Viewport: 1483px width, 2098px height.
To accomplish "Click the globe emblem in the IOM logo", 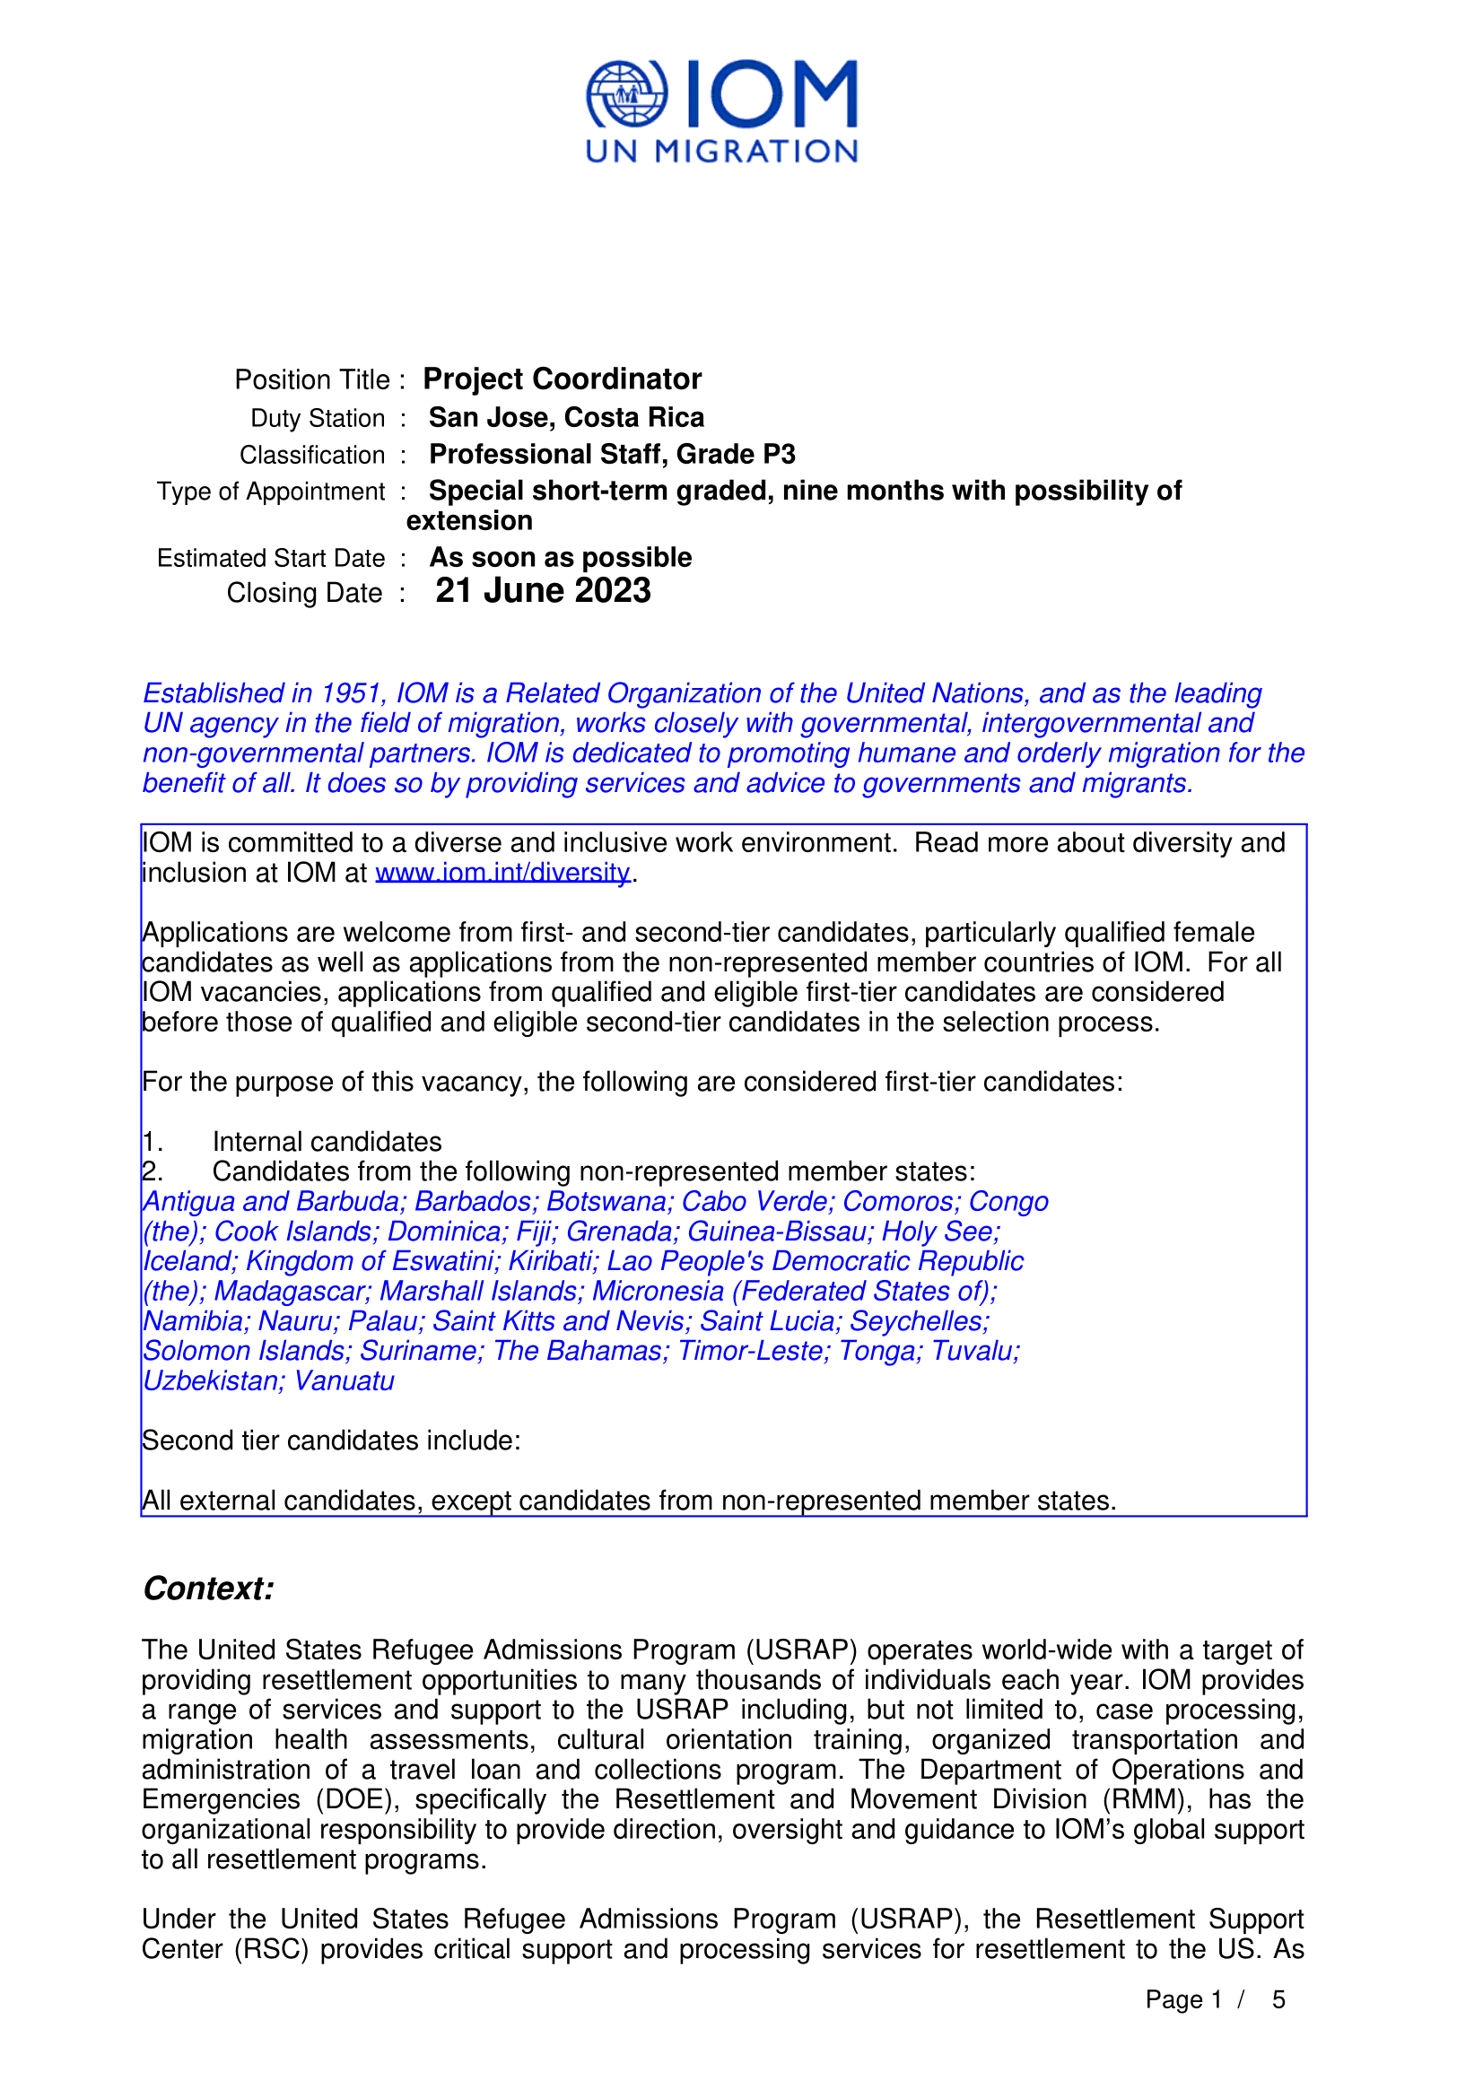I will pyautogui.click(x=626, y=93).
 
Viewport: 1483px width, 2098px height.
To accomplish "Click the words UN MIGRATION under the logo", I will pyautogui.click(x=721, y=152).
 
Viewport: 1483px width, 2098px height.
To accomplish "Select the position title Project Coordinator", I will pyautogui.click(x=562, y=379).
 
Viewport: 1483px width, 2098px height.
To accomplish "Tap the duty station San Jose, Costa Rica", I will pyautogui.click(x=566, y=418).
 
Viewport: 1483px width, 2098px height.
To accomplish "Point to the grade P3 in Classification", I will pyautogui.click(x=779, y=454).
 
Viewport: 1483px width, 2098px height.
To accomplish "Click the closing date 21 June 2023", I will pyautogui.click(x=543, y=591).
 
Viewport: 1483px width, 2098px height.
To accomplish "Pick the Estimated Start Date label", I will pyautogui.click(x=270, y=558).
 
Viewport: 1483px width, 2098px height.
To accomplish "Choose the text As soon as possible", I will pyautogui.click(x=560, y=557).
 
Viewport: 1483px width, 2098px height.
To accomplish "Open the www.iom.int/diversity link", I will pyautogui.click(x=502, y=873).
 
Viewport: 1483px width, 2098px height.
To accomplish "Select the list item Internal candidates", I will pyautogui.click(x=327, y=1141).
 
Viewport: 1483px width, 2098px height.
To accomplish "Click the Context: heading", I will pyautogui.click(x=208, y=1589).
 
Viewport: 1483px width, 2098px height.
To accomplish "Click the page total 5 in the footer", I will pyautogui.click(x=1278, y=2000).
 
